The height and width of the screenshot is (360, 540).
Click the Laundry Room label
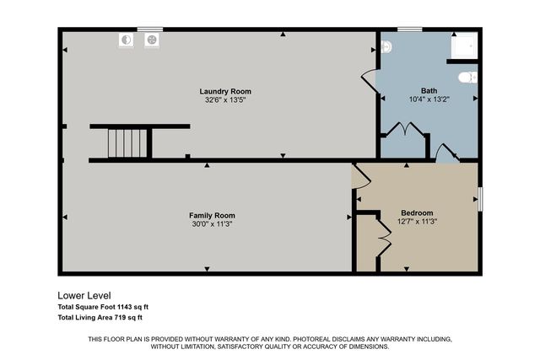click(225, 91)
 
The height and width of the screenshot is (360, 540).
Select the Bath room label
click(429, 91)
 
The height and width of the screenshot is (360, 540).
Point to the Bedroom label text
click(417, 212)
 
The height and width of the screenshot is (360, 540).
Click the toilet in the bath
click(466, 78)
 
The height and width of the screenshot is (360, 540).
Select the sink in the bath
click(386, 48)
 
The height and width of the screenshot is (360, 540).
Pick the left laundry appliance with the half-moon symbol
click(127, 39)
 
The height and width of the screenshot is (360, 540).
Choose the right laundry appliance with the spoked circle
click(152, 39)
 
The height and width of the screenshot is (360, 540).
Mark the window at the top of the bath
click(410, 30)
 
